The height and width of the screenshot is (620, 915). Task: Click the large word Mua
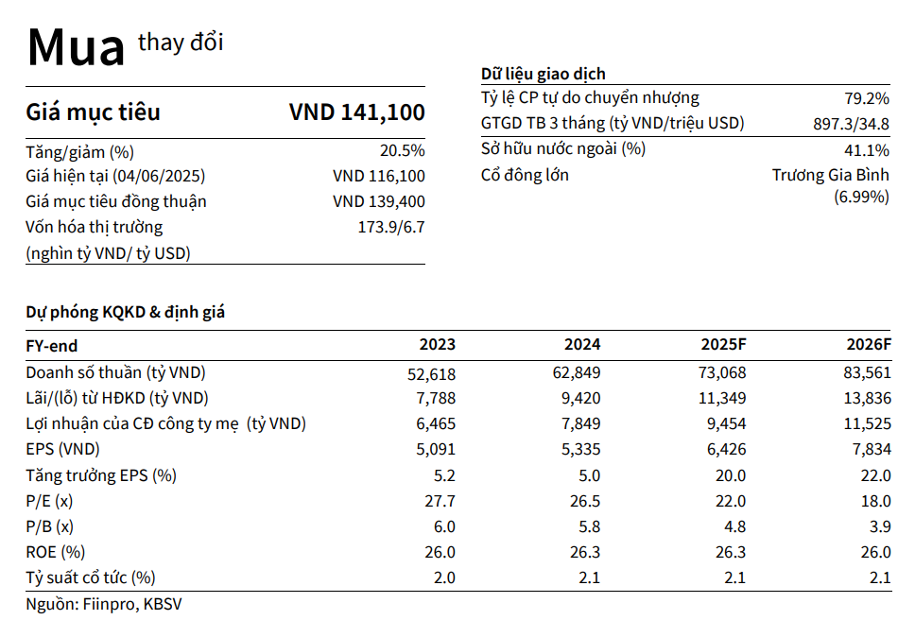(76, 46)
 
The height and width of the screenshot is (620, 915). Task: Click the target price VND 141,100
(356, 112)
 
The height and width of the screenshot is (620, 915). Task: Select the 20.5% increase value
(402, 151)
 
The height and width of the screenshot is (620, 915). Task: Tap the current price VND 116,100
(379, 177)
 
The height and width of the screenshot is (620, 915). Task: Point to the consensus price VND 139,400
(379, 201)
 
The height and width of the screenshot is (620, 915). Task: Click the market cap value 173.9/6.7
(388, 227)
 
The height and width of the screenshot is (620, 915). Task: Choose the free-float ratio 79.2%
(866, 98)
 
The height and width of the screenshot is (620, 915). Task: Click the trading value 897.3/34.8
(851, 124)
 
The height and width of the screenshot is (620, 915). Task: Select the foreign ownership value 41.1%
(866, 149)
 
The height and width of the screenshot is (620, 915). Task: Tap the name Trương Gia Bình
(830, 175)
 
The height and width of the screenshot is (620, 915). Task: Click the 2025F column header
(723, 345)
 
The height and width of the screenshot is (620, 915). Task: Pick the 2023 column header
(438, 345)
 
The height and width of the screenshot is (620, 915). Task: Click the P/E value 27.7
(441, 501)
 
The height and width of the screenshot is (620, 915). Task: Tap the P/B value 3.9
(879, 526)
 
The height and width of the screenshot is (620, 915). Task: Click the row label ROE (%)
(55, 552)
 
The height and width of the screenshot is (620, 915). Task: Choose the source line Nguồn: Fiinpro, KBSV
(103, 603)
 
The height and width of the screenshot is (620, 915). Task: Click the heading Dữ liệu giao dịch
(543, 74)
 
